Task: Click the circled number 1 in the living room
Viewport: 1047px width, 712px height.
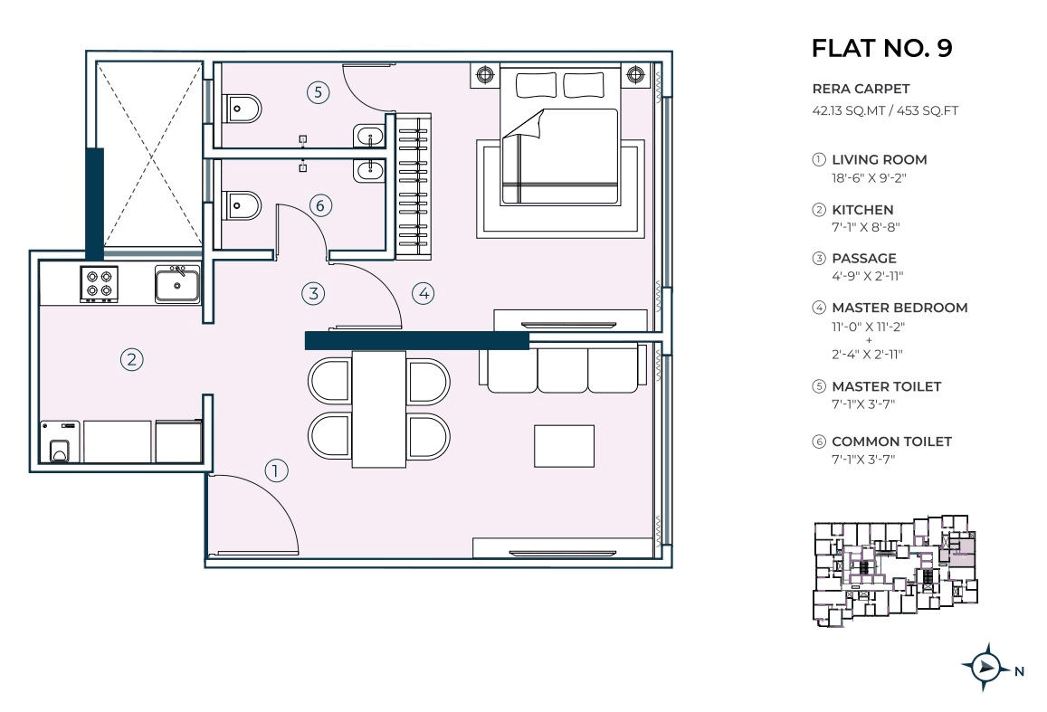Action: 276,470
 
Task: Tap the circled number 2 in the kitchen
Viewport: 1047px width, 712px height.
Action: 132,359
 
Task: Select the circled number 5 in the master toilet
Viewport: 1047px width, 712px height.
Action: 317,91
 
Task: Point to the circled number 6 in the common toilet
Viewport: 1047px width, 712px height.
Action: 318,205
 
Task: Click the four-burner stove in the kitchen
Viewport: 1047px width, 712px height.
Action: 100,283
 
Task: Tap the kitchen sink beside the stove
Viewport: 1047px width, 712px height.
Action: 177,284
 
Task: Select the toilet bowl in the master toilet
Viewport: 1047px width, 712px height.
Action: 242,109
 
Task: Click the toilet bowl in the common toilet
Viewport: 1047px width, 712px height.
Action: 242,207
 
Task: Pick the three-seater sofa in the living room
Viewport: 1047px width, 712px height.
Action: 563,370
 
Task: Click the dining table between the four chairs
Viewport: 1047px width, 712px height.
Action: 379,409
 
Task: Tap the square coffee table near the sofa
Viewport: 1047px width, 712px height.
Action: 564,445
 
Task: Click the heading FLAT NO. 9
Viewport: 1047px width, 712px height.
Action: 881,48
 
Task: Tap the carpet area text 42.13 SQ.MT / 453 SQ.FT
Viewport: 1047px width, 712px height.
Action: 885,111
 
